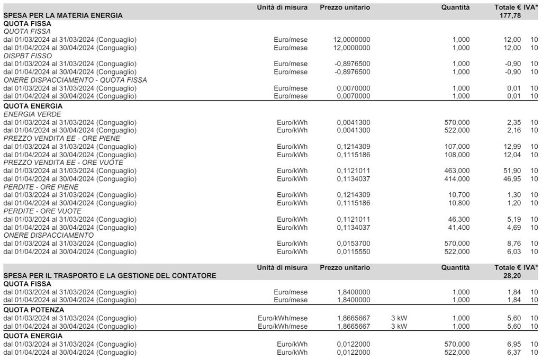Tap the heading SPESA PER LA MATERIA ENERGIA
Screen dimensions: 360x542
(63, 15)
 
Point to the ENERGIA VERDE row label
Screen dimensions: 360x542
(32, 114)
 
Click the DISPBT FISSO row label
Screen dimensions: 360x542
(28, 56)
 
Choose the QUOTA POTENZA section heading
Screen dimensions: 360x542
(34, 310)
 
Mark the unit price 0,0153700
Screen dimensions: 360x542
(354, 244)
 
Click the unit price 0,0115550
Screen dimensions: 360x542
(354, 251)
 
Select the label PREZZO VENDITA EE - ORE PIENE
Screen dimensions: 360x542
(62, 138)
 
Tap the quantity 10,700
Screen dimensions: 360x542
(458, 195)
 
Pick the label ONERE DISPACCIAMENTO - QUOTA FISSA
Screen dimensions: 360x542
(75, 80)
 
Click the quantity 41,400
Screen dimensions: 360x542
(458, 228)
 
